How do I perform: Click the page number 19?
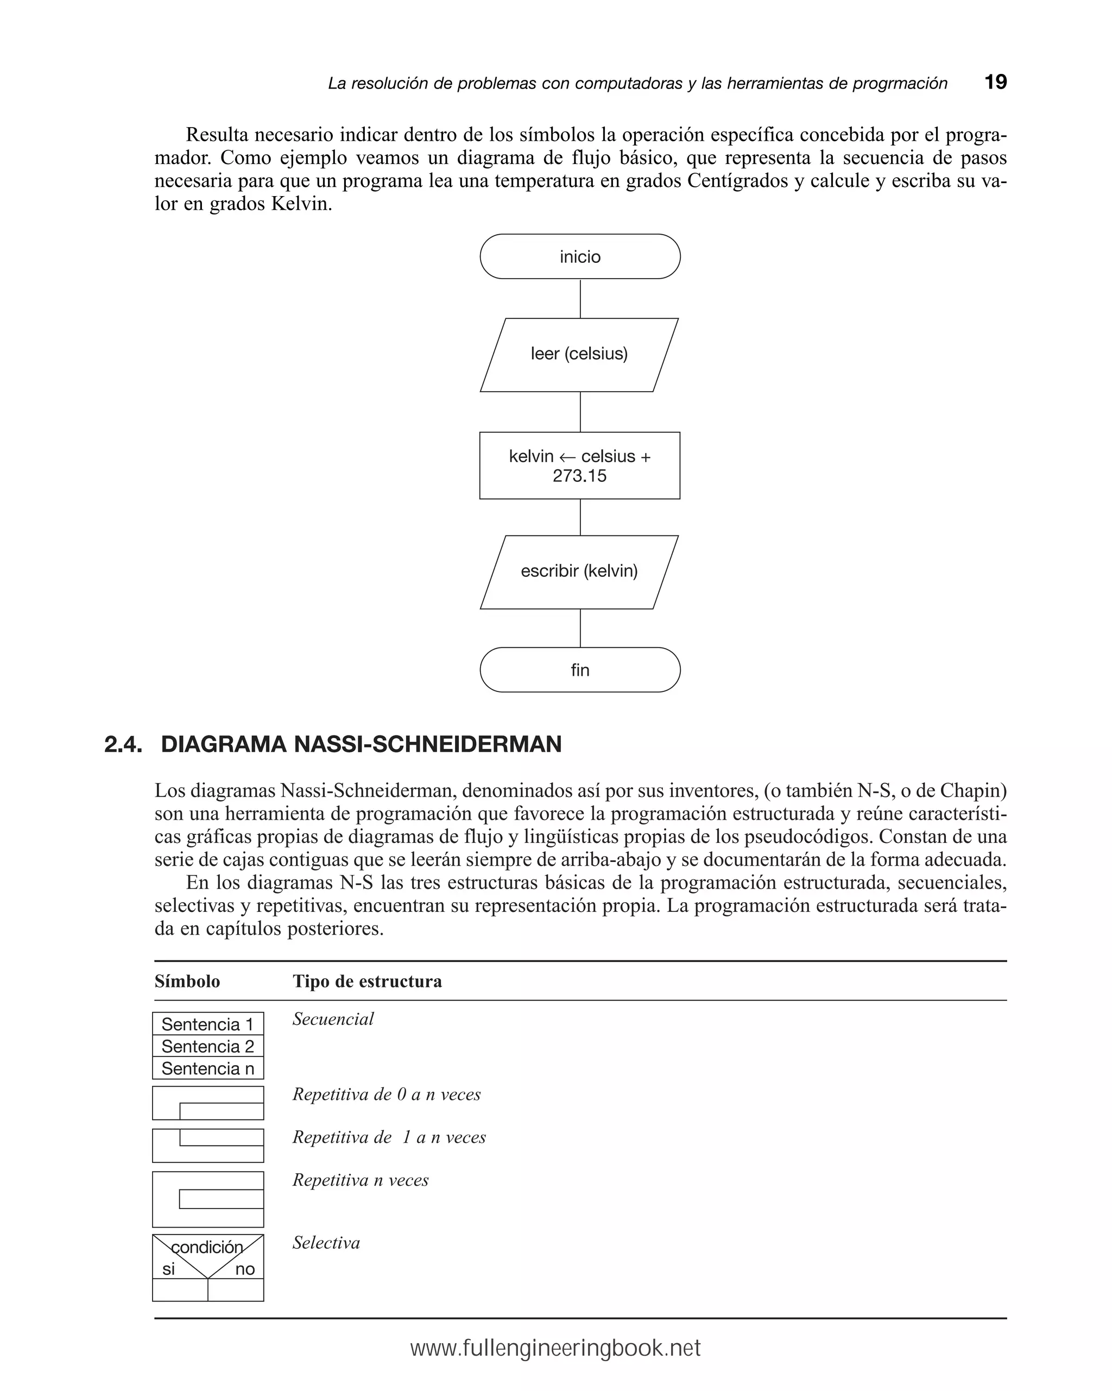[x=995, y=83]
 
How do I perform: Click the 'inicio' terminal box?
[x=579, y=257]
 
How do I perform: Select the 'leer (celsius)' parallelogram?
[x=579, y=354]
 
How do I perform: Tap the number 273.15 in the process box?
[x=579, y=476]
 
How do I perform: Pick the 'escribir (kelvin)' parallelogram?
[x=579, y=571]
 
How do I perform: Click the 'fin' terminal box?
[x=579, y=670]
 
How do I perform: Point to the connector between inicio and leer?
[x=580, y=299]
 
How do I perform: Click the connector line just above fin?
[x=580, y=628]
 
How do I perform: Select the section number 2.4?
[x=123, y=745]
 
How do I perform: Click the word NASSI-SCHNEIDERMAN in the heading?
[x=427, y=745]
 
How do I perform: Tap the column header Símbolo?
[x=187, y=981]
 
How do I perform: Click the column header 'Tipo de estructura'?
[x=367, y=981]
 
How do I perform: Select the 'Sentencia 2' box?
[x=208, y=1046]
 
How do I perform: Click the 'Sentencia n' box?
[x=208, y=1068]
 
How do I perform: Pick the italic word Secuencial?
[x=333, y=1019]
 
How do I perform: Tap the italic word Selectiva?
[x=326, y=1243]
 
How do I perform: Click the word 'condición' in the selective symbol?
[x=207, y=1247]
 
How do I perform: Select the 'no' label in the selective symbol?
[x=244, y=1269]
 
